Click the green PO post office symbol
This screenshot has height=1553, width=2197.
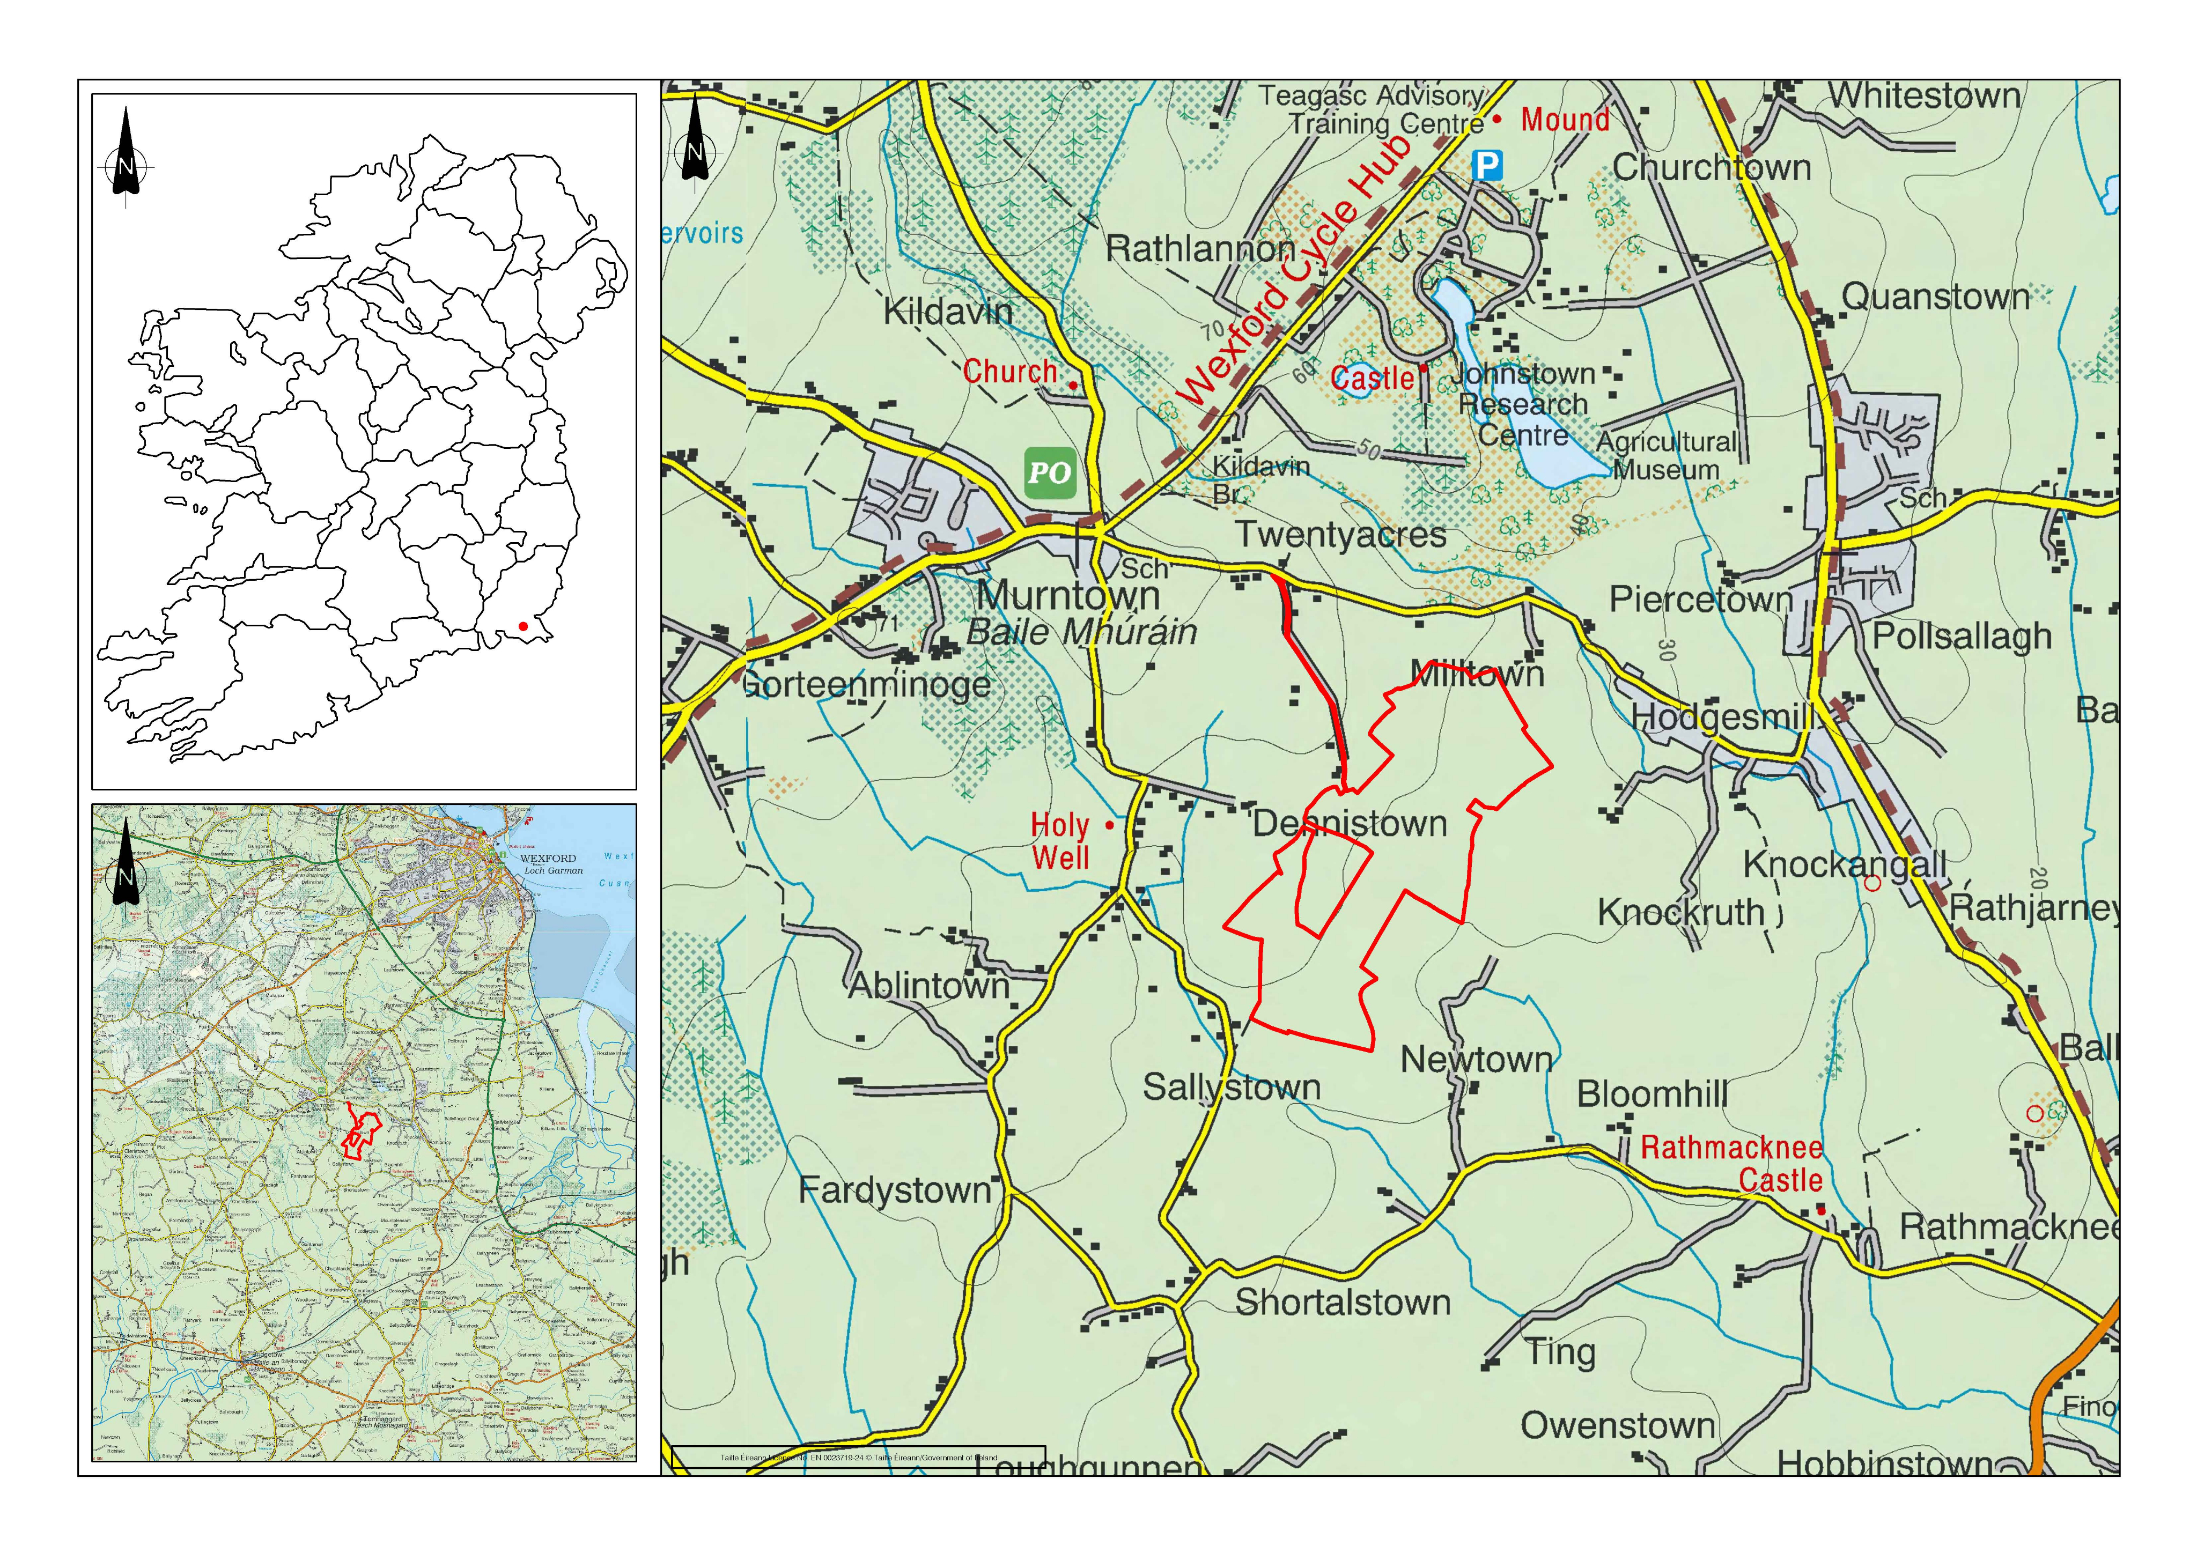1050,472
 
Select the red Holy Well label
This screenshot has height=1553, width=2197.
1060,840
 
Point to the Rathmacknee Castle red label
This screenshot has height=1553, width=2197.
1732,1163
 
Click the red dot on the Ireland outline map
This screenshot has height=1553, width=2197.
522,626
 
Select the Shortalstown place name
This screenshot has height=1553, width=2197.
1343,1303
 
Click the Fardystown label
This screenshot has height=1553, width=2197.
895,1190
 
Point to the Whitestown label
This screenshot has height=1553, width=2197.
1925,95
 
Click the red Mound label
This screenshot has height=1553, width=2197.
1566,120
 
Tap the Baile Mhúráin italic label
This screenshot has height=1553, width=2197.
1081,632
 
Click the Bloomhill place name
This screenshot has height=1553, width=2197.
1653,1094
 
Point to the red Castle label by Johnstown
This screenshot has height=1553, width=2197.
1372,378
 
